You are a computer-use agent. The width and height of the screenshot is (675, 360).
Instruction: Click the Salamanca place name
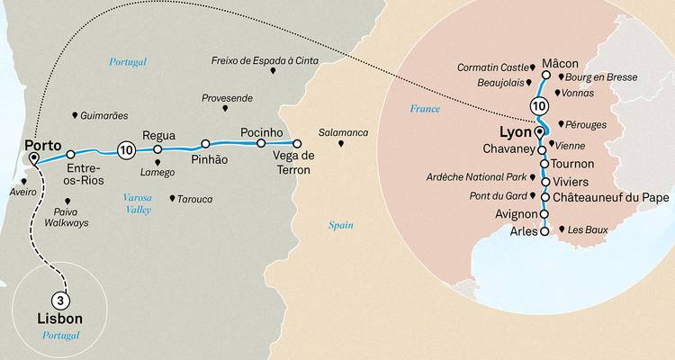tap(343, 132)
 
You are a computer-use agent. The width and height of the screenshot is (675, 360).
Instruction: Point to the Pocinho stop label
tap(262, 132)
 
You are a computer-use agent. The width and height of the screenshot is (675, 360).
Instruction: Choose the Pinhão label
tap(209, 159)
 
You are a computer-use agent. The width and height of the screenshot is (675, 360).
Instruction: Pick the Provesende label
tap(227, 97)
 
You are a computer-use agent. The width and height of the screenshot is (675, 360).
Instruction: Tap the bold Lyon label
tap(514, 131)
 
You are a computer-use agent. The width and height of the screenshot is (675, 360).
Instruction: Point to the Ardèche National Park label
tap(478, 178)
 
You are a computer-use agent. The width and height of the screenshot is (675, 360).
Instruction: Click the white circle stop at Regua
tap(157, 149)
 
